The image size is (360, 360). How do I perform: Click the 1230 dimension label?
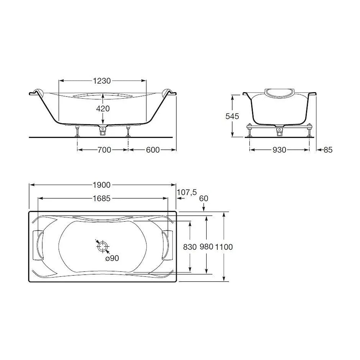(102, 81)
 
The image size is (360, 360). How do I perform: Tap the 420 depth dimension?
(103, 108)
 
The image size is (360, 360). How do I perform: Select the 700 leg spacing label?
(104, 150)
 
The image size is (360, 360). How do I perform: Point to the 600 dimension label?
(153, 150)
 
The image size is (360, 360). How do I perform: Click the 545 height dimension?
(232, 116)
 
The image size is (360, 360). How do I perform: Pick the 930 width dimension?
(279, 150)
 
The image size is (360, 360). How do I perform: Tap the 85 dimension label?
(328, 150)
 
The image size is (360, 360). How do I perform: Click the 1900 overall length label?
(102, 185)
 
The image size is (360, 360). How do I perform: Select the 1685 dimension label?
(102, 198)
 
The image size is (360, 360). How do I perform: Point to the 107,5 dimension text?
(187, 192)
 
